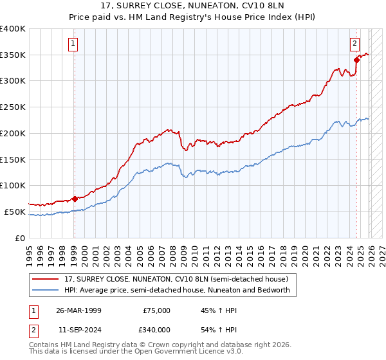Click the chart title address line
(192, 6)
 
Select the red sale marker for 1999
(75, 199)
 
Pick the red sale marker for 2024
(356, 60)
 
